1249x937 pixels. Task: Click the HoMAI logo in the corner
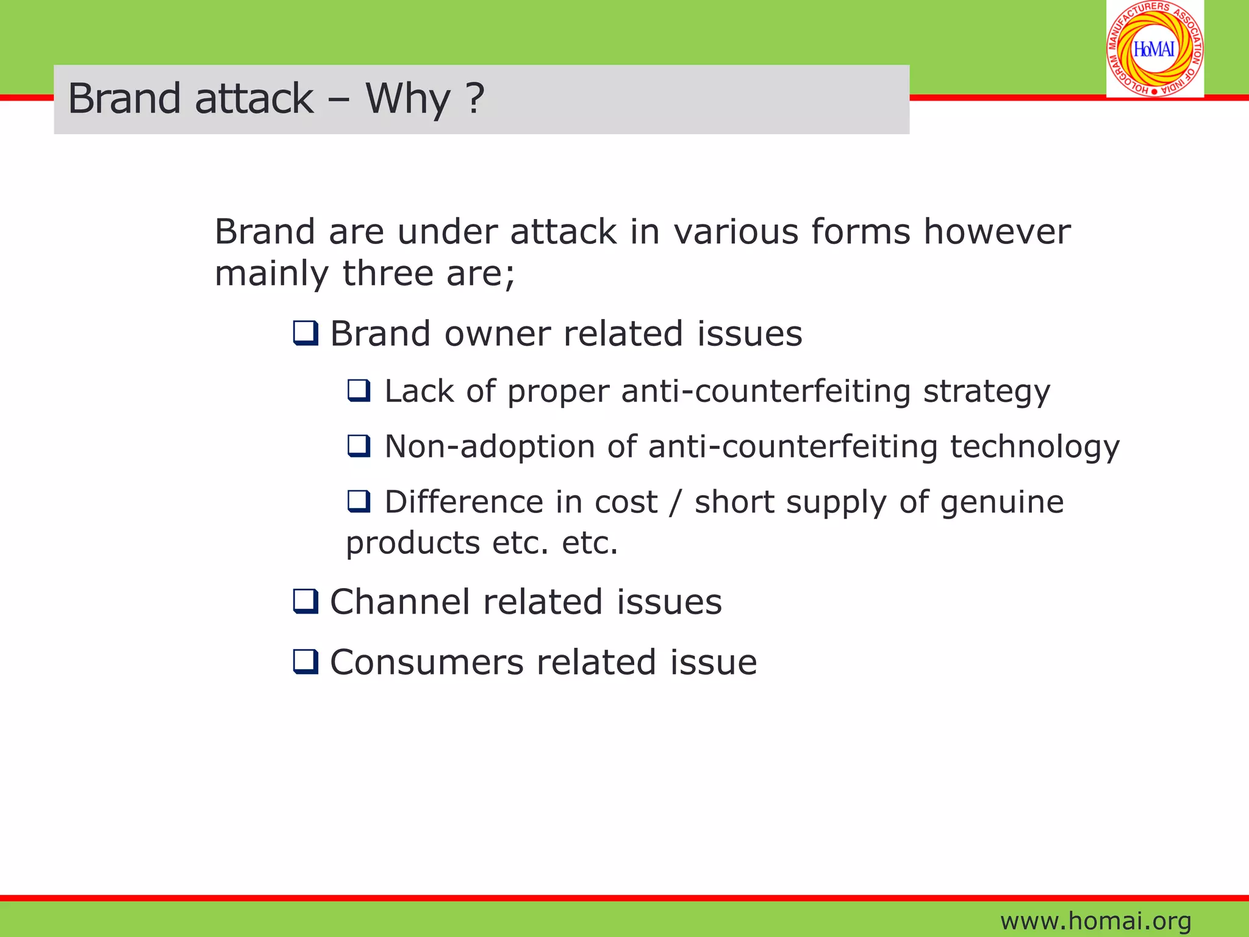(x=1154, y=49)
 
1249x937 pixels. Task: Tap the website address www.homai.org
(x=1095, y=921)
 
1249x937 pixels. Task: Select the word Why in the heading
(x=407, y=98)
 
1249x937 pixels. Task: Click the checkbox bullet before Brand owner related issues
(x=306, y=334)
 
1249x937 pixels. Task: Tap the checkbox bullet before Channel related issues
(x=306, y=601)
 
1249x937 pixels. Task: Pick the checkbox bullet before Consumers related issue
(x=306, y=662)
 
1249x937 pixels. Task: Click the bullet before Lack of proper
(x=359, y=390)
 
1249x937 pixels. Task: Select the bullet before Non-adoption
(x=359, y=446)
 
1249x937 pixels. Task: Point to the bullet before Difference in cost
(x=359, y=501)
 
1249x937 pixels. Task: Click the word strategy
(x=986, y=392)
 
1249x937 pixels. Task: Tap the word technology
(x=1034, y=448)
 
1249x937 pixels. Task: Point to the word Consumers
(x=426, y=662)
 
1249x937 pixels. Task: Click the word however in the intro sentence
(x=997, y=232)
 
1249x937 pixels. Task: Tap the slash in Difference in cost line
(x=675, y=503)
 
